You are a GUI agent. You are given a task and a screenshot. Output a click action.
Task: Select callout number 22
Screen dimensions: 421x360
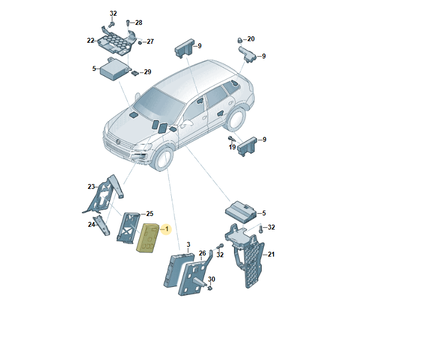point(90,41)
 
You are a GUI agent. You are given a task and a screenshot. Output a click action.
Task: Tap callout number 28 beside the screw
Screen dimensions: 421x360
point(139,23)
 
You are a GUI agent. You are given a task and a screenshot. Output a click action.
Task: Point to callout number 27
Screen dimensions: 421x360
point(150,42)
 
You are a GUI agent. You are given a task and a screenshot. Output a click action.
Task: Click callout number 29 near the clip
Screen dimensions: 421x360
point(147,72)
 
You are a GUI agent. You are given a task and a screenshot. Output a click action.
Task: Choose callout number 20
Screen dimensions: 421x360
point(251,39)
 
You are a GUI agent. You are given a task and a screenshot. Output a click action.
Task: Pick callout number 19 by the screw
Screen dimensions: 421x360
point(232,147)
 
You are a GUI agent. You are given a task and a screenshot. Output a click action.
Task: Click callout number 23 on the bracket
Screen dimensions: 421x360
point(91,186)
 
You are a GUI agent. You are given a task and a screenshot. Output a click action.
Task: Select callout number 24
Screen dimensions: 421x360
point(92,224)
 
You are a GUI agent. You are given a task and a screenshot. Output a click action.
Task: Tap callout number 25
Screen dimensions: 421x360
point(150,214)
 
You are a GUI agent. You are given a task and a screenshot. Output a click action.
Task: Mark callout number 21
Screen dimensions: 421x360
point(271,254)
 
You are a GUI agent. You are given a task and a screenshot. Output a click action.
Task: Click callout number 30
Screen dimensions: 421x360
point(211,279)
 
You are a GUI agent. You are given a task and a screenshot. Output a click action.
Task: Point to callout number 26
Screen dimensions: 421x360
point(202,253)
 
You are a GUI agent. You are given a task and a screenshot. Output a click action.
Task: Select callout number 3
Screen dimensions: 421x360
point(188,245)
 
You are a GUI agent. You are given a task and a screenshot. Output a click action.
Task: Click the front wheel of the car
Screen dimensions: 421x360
point(163,158)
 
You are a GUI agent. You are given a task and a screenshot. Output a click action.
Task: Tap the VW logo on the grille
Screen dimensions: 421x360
point(118,142)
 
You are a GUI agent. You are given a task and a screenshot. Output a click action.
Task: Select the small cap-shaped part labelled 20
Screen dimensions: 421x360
point(239,41)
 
